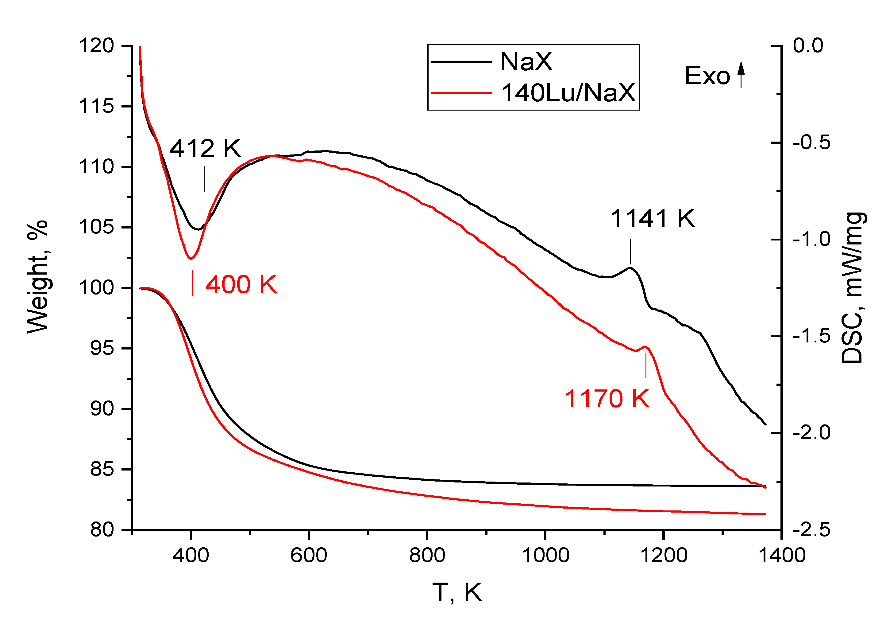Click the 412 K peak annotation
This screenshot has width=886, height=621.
205,148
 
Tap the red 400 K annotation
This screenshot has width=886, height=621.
241,285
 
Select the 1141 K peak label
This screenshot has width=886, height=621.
652,219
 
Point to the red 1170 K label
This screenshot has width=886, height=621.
607,399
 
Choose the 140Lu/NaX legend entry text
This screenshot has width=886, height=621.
568,93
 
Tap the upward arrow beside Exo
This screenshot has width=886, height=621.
741,75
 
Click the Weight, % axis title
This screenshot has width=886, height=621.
38,276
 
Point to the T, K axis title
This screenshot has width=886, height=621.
457,592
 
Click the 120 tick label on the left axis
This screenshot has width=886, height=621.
96,46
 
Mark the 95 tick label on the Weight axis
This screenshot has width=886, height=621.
102,348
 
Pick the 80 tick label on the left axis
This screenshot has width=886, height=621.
102,529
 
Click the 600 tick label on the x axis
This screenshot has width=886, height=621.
309,555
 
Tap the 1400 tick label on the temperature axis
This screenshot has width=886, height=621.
782,555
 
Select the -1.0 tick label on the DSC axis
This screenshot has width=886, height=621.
812,240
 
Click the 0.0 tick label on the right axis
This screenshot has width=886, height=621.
808,46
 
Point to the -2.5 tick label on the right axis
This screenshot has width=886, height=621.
812,529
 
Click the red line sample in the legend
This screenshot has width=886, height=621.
461,93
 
